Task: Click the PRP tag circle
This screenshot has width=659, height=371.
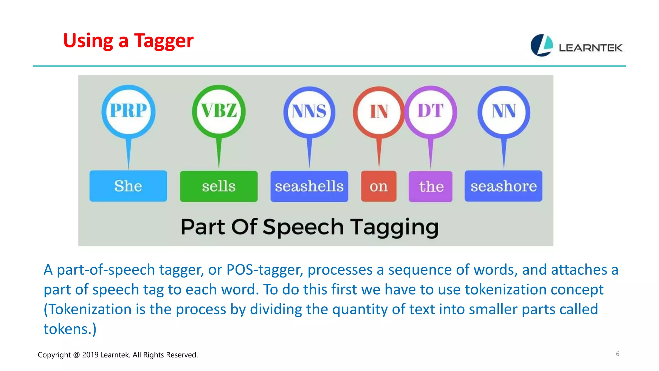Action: (x=128, y=111)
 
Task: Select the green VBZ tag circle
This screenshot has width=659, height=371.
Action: (x=219, y=111)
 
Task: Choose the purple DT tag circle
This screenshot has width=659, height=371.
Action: (x=431, y=111)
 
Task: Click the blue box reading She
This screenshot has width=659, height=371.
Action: (x=128, y=186)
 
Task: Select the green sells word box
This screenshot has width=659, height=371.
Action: (x=219, y=186)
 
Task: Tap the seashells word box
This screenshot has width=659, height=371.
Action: (x=309, y=186)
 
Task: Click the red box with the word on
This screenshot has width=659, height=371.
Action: (x=379, y=186)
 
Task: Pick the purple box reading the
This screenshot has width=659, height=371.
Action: (x=431, y=186)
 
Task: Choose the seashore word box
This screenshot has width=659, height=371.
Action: (x=503, y=186)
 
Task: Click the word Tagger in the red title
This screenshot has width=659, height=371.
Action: (x=163, y=41)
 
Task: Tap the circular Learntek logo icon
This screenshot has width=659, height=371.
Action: (x=542, y=45)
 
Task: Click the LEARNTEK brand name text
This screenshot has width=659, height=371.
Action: (x=590, y=48)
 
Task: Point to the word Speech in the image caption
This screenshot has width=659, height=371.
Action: (x=303, y=227)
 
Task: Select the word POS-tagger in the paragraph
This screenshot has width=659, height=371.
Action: (x=265, y=270)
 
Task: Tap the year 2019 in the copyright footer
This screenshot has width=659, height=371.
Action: (x=90, y=355)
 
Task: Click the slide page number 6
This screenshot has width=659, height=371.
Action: (x=617, y=354)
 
